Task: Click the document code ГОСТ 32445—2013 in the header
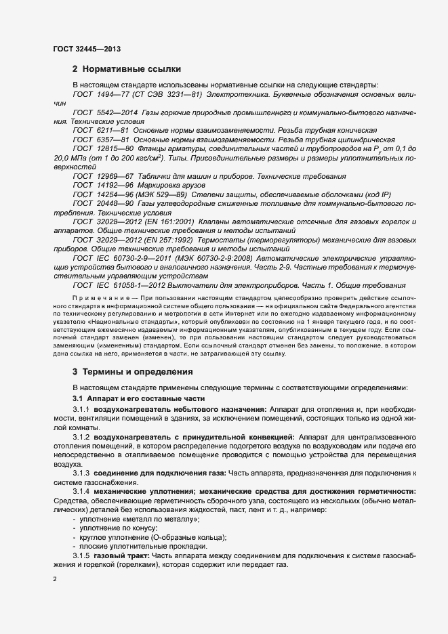pyautogui.click(x=86, y=49)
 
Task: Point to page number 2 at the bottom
pyautogui.click(x=55, y=579)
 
